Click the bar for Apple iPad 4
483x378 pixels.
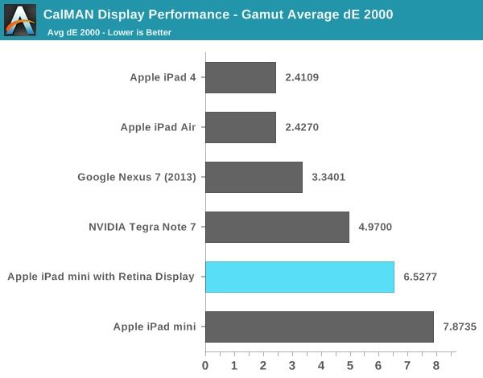(241, 78)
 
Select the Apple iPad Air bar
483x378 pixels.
(241, 127)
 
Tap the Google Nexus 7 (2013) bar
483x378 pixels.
(254, 177)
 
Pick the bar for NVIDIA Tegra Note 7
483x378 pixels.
(277, 227)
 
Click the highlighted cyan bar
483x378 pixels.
(299, 277)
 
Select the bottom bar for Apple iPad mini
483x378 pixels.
(319, 327)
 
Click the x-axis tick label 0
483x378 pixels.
(205, 366)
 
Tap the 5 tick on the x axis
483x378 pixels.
(350, 366)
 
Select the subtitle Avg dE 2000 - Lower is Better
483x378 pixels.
(109, 32)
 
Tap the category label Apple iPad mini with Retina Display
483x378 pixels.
(101, 277)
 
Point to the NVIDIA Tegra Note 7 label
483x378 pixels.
(141, 227)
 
